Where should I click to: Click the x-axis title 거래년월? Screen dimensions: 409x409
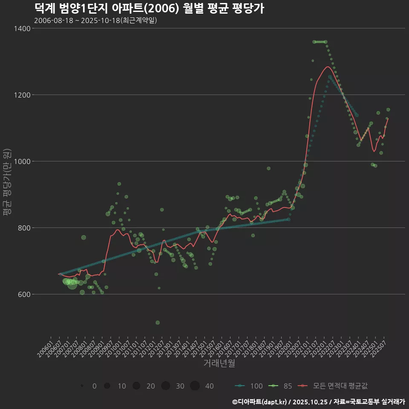tap(219, 363)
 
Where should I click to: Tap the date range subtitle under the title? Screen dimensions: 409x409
tap(95, 20)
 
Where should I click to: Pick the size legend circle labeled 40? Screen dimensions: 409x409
tap(195, 386)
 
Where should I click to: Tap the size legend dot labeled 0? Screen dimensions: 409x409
tap(81, 386)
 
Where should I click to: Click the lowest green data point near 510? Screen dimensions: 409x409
tap(158, 323)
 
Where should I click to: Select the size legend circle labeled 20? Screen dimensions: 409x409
tap(136, 386)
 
